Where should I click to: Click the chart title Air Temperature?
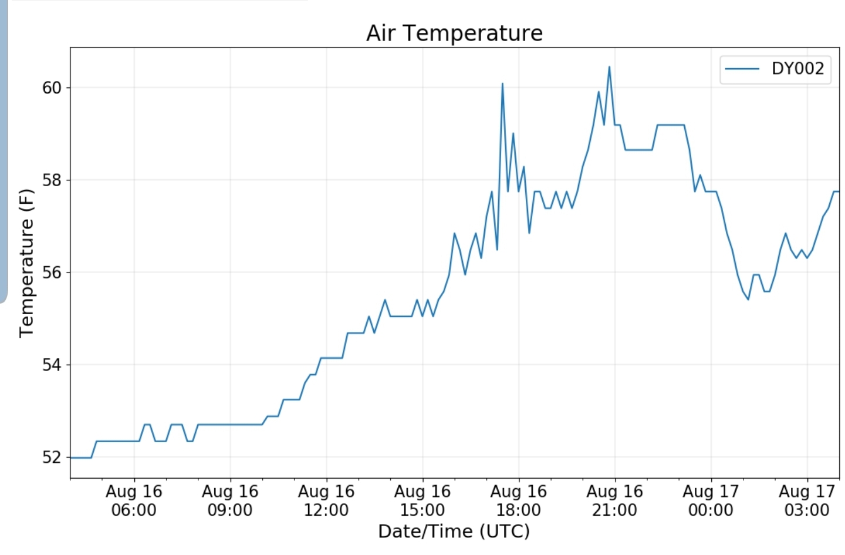[454, 33]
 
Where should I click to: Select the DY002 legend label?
[797, 69]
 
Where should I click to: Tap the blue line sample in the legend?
[742, 69]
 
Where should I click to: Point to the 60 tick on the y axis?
[52, 88]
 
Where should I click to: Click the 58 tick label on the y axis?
[52, 180]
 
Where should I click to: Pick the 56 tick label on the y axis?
[52, 273]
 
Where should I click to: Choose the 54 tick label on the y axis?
[52, 365]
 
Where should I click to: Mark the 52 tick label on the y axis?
[52, 458]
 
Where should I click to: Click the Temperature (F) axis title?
[26, 263]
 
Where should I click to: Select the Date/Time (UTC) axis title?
[454, 532]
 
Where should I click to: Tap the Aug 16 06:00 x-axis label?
[134, 500]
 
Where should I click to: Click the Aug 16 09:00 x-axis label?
[230, 500]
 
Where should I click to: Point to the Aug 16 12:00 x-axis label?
[326, 500]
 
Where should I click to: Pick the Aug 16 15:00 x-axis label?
[422, 500]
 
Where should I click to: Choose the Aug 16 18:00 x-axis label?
[519, 500]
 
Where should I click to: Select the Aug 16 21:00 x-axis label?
[614, 500]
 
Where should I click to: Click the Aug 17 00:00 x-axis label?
[711, 500]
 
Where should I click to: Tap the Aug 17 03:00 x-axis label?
[807, 500]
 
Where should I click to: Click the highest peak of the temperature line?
[609, 67]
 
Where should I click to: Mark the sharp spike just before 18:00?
[502, 84]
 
